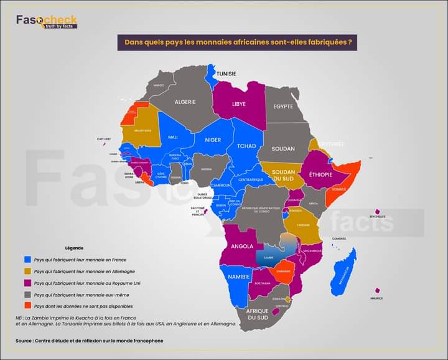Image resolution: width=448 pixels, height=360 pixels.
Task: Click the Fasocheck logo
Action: coord(47,21)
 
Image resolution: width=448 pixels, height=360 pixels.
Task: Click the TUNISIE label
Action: coord(226,73)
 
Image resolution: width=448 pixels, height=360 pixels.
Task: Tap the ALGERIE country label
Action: coord(185,102)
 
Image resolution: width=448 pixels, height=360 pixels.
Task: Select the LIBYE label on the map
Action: coord(239,104)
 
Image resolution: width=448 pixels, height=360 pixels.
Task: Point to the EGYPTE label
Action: coord(283,107)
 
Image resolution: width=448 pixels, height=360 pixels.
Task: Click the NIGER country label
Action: coord(213,140)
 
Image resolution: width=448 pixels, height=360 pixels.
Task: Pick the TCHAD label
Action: coord(246,146)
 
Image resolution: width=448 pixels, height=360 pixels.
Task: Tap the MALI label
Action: coord(173,137)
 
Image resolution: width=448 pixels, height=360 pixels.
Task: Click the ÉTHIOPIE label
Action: coord(320,175)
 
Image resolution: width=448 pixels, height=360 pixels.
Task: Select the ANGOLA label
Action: coord(242,246)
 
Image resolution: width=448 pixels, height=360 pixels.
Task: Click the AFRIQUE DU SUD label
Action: coord(257,314)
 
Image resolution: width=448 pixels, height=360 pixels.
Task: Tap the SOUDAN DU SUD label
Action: coord(284,175)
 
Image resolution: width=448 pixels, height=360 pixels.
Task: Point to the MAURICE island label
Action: coord(376,298)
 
